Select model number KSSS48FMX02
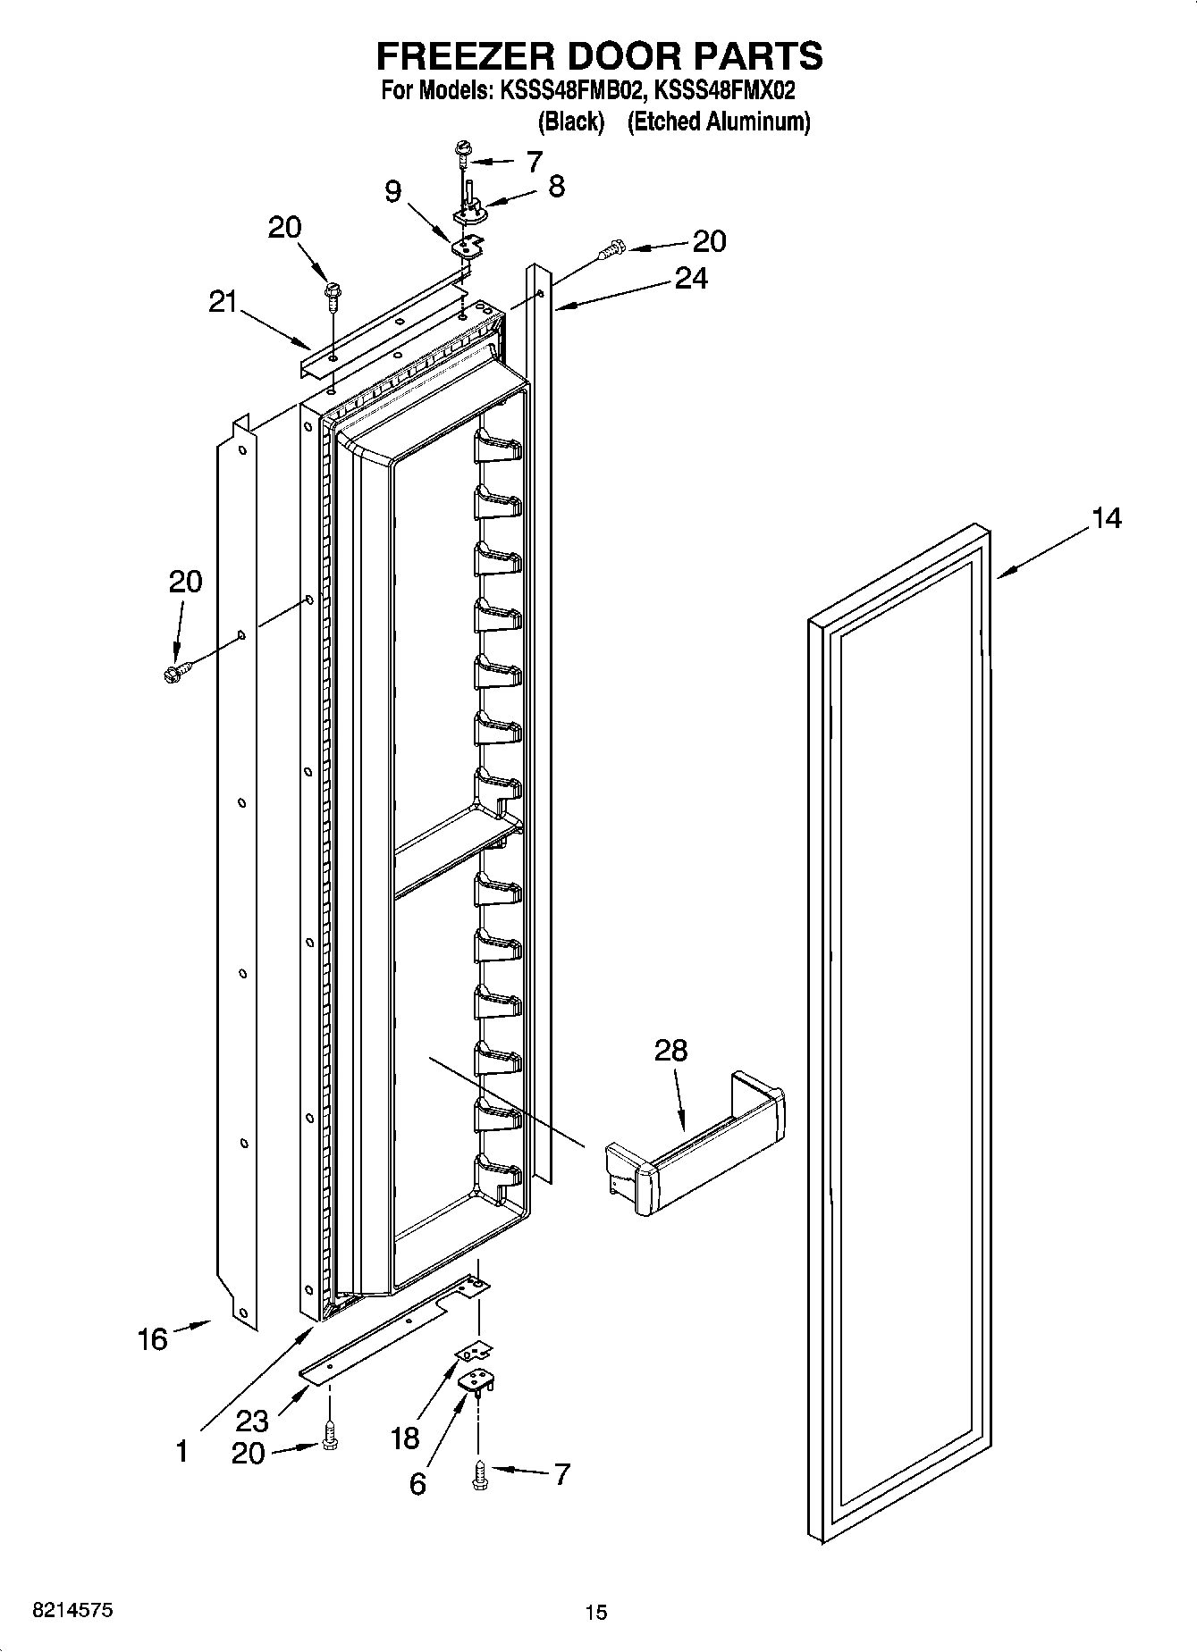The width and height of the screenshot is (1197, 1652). pyautogui.click(x=725, y=90)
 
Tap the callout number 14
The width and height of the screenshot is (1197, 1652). pyautogui.click(x=1106, y=517)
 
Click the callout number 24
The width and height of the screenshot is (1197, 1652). pyautogui.click(x=690, y=279)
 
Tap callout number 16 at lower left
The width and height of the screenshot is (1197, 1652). pyautogui.click(x=152, y=1338)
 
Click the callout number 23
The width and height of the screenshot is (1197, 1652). pyautogui.click(x=252, y=1421)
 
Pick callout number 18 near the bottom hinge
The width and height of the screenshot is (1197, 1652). pyautogui.click(x=404, y=1438)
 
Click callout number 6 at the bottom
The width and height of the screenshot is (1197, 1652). pyautogui.click(x=417, y=1483)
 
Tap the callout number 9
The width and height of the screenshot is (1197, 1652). pyautogui.click(x=393, y=191)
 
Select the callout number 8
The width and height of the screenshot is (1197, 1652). pyautogui.click(x=556, y=186)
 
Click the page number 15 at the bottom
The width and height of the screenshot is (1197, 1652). pyautogui.click(x=595, y=1612)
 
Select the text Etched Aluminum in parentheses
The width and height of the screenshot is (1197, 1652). pyautogui.click(x=719, y=122)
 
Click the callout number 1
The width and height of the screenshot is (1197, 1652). pyautogui.click(x=181, y=1451)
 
